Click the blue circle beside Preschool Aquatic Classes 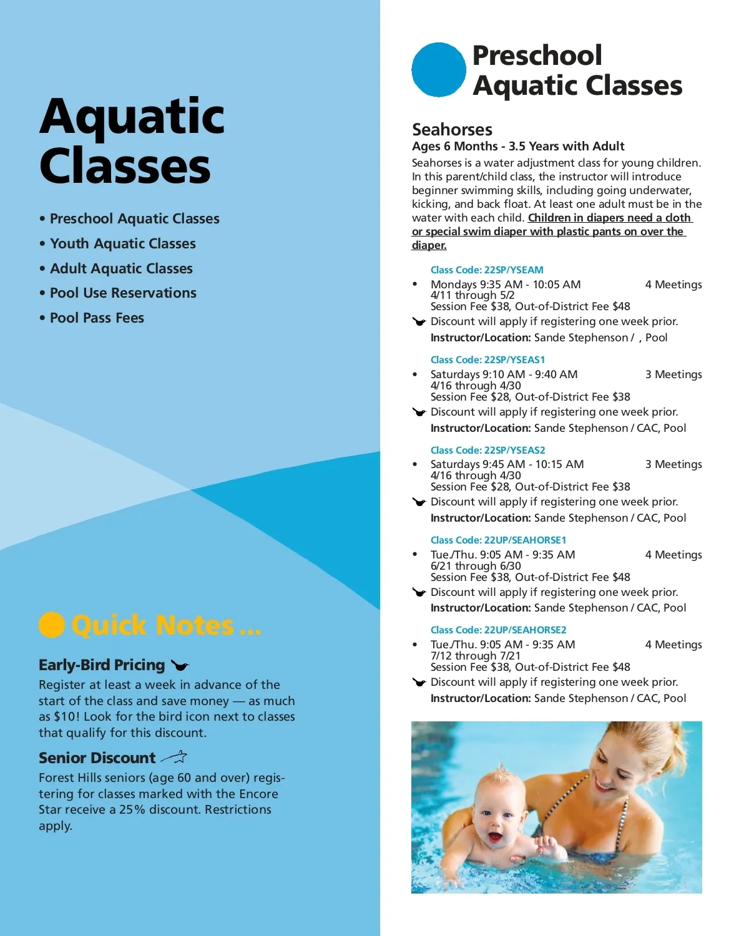(438, 70)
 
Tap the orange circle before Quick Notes (52, 625)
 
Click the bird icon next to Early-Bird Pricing (180, 666)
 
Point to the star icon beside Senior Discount (174, 758)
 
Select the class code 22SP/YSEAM (487, 270)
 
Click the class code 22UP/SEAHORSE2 (498, 630)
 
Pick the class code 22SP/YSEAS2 (487, 451)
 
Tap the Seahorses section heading (452, 130)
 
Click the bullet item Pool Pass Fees (97, 318)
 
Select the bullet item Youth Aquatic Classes (122, 244)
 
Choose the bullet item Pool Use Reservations (123, 293)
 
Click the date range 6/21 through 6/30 (476, 566)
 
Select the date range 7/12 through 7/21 (476, 656)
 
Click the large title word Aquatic (132, 117)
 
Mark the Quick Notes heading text (166, 625)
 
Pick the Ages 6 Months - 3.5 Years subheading (518, 147)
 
